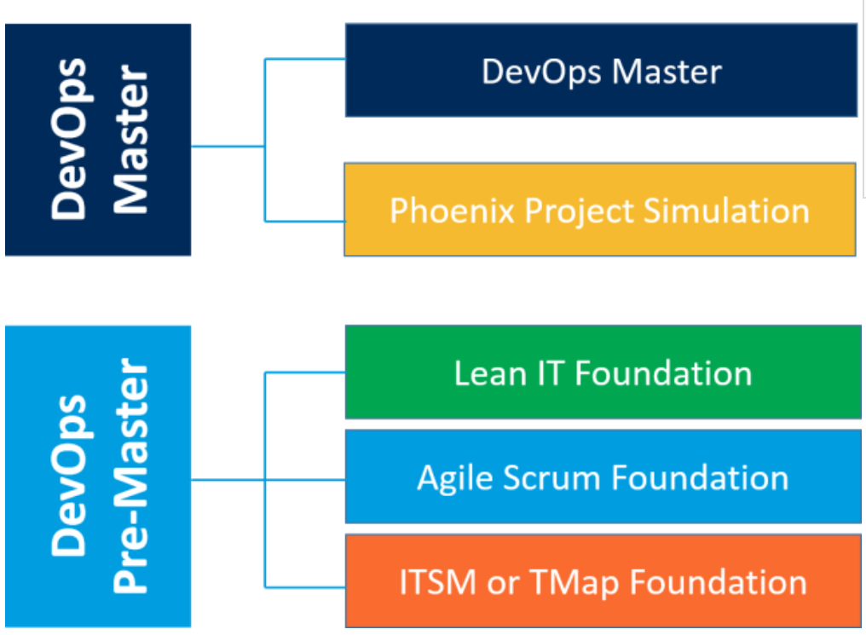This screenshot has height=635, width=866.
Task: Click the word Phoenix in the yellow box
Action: coord(451,211)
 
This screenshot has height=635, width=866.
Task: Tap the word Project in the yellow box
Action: coord(579,212)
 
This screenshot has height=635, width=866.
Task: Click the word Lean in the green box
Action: coord(489,373)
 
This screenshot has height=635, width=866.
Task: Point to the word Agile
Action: coord(454,479)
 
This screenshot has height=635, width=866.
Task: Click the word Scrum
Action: coord(551,478)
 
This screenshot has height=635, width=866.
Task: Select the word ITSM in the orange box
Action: coord(437,582)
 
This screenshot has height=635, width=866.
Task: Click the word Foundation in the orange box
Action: coord(719,582)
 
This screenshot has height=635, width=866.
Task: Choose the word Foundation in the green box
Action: coord(663,373)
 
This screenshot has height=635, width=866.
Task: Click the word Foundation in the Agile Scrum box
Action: coord(701,477)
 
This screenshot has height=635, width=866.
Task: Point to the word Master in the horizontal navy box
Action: coord(667,72)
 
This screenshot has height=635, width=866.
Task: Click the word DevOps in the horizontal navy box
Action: coord(541,72)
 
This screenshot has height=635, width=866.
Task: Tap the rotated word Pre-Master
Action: coord(131,476)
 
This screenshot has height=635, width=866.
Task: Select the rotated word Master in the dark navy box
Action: coord(131,140)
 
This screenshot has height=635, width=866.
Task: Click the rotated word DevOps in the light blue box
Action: coord(68,476)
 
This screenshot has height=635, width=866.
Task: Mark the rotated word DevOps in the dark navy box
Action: coord(68,139)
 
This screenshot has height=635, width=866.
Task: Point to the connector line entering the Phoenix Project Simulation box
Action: coord(305,222)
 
